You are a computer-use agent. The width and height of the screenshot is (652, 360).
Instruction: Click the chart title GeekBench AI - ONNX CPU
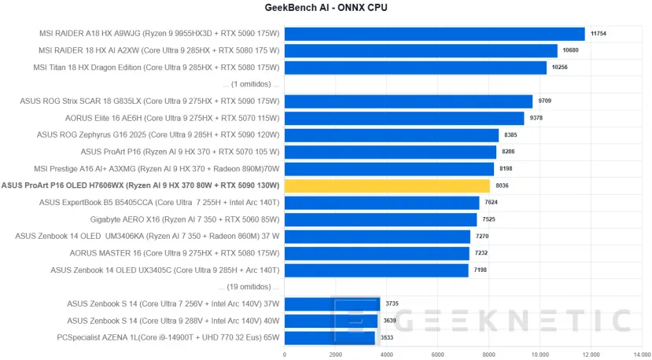326,8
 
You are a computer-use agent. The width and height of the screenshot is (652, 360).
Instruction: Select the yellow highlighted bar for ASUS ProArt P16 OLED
387,186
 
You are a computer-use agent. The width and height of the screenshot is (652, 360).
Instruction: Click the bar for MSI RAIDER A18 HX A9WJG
434,34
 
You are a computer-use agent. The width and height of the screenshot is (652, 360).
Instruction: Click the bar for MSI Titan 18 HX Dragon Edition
415,68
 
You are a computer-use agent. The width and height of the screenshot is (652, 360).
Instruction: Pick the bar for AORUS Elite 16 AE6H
404,118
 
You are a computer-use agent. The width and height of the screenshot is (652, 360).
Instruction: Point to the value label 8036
502,186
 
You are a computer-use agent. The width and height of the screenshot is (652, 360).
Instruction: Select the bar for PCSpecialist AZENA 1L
330,338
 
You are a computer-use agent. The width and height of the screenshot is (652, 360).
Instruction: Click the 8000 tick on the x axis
488,354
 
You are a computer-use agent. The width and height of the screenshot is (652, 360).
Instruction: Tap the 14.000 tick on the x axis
641,354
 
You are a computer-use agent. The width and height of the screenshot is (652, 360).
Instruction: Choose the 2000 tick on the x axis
336,354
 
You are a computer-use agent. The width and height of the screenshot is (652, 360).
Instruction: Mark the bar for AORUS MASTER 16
377,253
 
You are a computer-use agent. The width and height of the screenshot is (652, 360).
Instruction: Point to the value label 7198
481,270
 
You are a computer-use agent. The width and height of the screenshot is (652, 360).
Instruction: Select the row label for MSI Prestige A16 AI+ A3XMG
157,168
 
